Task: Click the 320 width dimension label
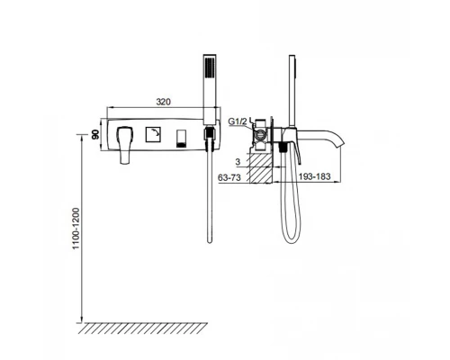pyautogui.click(x=163, y=102)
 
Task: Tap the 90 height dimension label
pyautogui.click(x=95, y=135)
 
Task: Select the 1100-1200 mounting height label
pyautogui.click(x=76, y=228)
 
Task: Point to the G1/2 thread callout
pyautogui.click(x=238, y=121)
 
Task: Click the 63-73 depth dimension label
pyautogui.click(x=229, y=177)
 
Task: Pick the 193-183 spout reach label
pyautogui.click(x=314, y=176)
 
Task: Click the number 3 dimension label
pyautogui.click(x=238, y=162)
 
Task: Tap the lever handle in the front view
pyautogui.click(x=125, y=145)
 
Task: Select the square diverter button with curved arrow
pyautogui.click(x=153, y=134)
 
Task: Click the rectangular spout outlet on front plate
pyautogui.click(x=180, y=139)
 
